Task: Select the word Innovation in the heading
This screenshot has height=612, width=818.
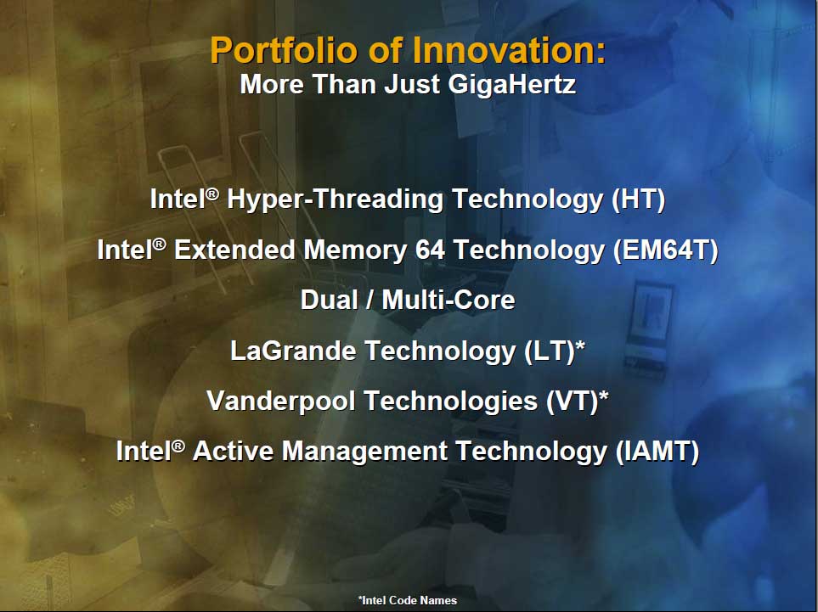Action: (509, 50)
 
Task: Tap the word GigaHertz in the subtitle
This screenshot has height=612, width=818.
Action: (512, 85)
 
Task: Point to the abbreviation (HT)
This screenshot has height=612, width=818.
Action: (639, 199)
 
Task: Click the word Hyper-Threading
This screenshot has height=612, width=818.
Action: (336, 200)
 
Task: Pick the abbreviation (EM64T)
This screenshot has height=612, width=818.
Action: (666, 250)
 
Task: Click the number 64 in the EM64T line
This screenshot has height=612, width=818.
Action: (431, 250)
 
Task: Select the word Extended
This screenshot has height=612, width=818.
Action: (235, 250)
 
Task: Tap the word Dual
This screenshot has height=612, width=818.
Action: (330, 300)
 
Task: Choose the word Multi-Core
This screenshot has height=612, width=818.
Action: (448, 300)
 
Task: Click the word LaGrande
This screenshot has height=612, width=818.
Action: (293, 351)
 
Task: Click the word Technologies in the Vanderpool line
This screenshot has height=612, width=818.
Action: (451, 401)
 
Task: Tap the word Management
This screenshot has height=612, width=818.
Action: (364, 451)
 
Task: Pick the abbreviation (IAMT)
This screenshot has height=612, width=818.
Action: (657, 452)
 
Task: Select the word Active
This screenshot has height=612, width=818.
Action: (234, 451)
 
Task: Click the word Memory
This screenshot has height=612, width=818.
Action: (356, 250)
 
